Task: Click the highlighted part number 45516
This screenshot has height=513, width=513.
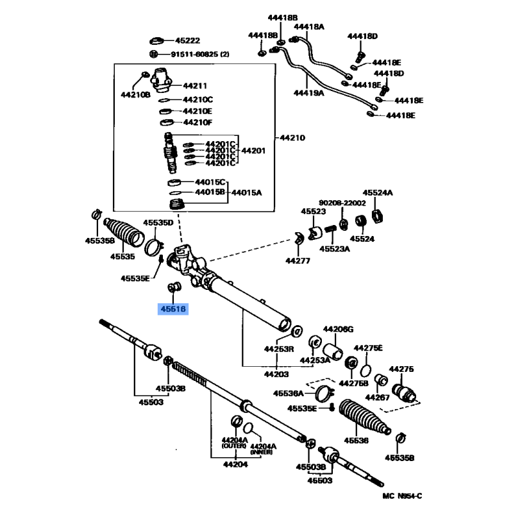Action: click(173, 308)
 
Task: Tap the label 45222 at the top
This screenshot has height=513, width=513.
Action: click(187, 40)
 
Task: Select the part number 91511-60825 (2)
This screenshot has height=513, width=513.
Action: click(200, 54)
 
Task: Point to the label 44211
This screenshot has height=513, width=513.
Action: click(195, 86)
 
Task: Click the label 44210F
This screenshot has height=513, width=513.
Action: click(198, 122)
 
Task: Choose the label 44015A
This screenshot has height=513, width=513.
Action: click(247, 193)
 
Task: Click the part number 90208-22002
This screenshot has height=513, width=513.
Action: click(342, 203)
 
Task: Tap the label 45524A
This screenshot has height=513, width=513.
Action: click(378, 193)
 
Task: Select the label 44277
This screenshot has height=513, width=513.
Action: click(298, 261)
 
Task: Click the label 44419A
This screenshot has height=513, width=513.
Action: click(309, 93)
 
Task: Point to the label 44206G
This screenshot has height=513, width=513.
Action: click(339, 329)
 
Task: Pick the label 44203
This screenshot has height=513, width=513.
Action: click(276, 374)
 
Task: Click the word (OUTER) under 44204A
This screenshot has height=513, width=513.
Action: click(234, 446)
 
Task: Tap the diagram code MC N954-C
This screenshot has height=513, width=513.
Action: click(403, 496)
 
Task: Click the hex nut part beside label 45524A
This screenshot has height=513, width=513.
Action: click(377, 215)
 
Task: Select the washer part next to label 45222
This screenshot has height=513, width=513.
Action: click(156, 41)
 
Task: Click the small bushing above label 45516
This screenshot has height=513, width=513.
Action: click(174, 287)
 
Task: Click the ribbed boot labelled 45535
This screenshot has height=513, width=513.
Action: click(124, 233)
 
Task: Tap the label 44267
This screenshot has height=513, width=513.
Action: click(377, 398)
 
